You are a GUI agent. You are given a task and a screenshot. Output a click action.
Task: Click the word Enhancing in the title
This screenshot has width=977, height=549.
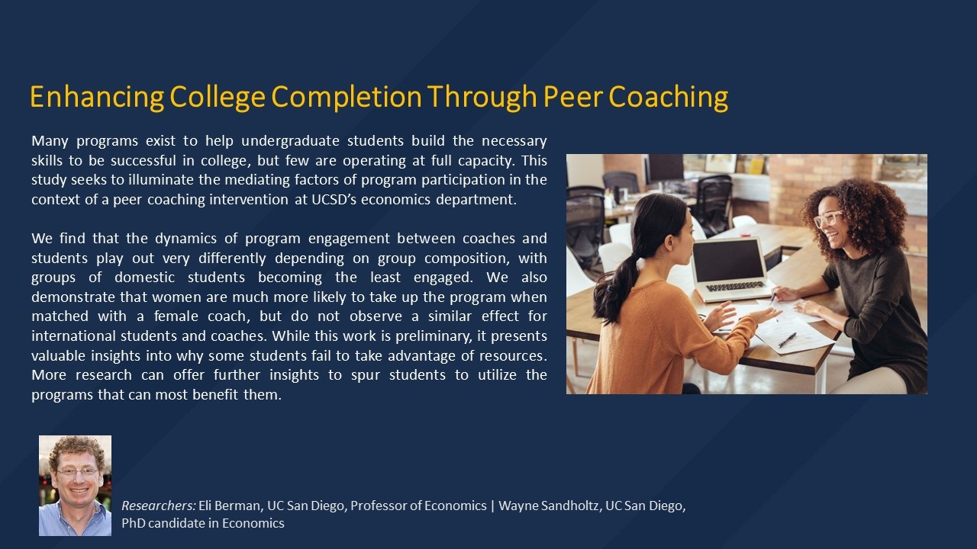click(97, 97)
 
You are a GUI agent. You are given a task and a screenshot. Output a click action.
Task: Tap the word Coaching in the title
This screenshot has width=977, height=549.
click(668, 97)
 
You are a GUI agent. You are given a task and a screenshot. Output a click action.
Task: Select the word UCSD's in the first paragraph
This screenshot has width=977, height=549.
click(334, 200)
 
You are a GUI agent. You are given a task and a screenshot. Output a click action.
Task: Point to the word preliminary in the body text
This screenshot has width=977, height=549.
click(429, 336)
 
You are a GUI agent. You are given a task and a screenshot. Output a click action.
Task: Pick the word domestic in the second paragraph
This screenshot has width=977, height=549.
click(144, 278)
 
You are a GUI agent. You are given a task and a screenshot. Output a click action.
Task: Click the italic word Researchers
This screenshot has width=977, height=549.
click(158, 506)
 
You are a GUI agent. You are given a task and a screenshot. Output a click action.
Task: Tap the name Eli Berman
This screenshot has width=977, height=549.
click(230, 506)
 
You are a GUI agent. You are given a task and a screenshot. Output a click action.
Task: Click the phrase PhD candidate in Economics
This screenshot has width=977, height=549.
click(203, 523)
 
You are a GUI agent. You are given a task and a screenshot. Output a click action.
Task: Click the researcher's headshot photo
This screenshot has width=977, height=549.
click(75, 486)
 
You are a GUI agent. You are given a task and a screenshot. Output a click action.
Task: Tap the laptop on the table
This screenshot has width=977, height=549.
click(729, 268)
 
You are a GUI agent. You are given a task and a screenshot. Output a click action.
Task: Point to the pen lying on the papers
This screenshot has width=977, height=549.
click(787, 339)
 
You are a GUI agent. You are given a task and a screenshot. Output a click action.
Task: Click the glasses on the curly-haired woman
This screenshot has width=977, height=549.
click(827, 217)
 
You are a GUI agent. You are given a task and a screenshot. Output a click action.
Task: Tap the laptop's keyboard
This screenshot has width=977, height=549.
click(734, 286)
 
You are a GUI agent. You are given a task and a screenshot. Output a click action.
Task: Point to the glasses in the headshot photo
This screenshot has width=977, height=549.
click(77, 472)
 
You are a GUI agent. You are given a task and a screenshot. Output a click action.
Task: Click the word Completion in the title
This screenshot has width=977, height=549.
click(347, 97)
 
